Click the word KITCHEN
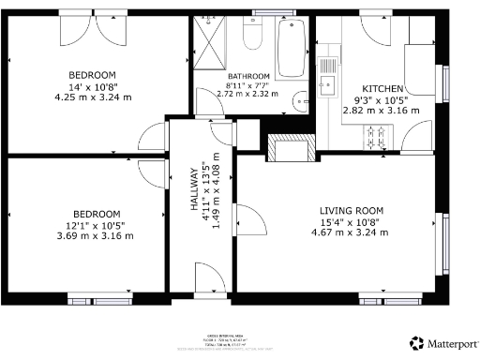click(x=383, y=88)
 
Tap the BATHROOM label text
click(x=248, y=76)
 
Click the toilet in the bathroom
click(x=251, y=35)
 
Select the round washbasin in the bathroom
click(x=297, y=102)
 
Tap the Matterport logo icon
click(x=415, y=343)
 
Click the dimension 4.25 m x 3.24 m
click(x=91, y=97)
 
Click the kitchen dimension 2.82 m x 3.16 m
click(x=385, y=111)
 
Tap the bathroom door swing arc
click(x=208, y=100)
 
